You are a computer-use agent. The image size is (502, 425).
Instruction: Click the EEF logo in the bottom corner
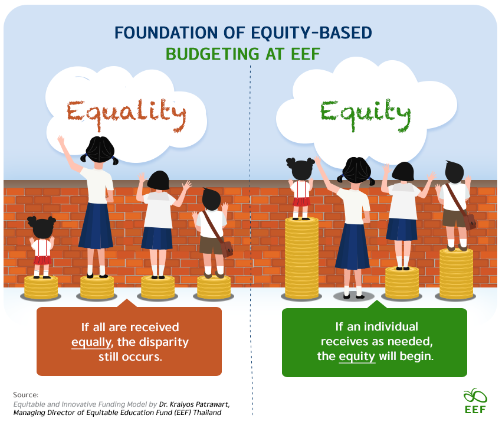475,401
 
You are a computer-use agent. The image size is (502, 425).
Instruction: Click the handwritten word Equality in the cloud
126,115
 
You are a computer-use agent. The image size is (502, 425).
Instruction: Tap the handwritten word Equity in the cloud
365,115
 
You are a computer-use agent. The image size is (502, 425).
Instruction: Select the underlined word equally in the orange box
91,342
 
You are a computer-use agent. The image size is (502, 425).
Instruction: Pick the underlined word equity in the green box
357,357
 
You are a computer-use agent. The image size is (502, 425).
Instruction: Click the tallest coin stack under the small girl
301,258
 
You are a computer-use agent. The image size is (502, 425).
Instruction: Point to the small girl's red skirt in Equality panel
42,260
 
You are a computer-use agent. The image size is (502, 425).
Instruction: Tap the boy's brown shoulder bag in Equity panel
470,222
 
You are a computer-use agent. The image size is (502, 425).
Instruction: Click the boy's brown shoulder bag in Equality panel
227,249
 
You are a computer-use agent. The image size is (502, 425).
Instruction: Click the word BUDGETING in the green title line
212,54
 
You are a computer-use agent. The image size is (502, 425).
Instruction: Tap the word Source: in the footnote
25,395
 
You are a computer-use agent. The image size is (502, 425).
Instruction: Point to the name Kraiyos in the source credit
182,404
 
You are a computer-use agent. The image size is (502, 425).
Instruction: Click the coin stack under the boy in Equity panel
456,274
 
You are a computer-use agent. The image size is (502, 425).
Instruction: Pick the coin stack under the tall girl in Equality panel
97,287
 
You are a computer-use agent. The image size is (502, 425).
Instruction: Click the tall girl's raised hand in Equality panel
61,140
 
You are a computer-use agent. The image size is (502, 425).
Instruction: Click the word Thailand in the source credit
207,413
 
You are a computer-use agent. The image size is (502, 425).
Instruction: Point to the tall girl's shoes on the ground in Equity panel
353,296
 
